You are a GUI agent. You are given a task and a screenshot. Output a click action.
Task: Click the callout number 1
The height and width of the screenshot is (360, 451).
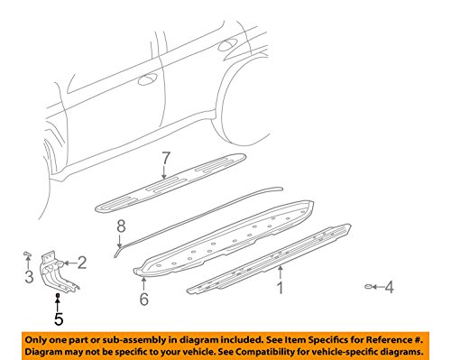point(280,289)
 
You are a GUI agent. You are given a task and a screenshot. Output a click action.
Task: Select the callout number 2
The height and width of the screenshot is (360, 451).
point(82,263)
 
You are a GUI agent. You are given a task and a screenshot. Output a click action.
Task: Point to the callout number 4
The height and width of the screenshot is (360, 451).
point(390,288)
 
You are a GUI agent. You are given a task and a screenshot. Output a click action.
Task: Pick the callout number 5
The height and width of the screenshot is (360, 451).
point(57,318)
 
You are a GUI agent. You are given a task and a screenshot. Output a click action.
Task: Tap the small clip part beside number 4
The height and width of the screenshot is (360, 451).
point(371,287)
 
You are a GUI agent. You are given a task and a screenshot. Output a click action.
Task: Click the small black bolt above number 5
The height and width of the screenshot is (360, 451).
point(57,296)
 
